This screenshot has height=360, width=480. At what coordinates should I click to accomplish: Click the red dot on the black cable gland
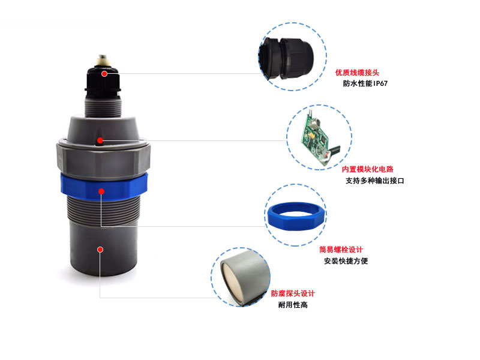(x=104, y=74)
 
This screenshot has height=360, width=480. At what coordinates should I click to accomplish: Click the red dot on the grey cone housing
(x=100, y=140)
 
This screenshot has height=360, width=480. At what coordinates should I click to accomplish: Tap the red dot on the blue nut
(x=101, y=191)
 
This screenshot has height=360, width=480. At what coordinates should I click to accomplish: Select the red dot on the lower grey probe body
(x=100, y=250)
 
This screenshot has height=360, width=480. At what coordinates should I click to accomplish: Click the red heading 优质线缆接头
(x=357, y=73)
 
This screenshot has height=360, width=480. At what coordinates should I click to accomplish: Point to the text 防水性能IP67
(x=365, y=83)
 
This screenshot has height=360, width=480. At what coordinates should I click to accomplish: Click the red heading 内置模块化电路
(x=367, y=169)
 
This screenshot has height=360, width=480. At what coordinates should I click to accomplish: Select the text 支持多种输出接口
(x=374, y=181)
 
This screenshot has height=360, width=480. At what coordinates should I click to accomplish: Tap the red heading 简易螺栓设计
(x=341, y=250)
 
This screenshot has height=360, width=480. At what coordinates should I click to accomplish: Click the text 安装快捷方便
(x=346, y=261)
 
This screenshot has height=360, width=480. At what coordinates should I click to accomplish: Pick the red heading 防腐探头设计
(x=293, y=293)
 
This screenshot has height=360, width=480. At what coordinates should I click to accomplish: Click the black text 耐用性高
(x=293, y=305)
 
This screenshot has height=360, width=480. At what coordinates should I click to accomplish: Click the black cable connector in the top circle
(x=286, y=58)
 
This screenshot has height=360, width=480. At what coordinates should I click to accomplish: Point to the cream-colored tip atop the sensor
(x=103, y=61)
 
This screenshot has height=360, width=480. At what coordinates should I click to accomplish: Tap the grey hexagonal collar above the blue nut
(x=103, y=160)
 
